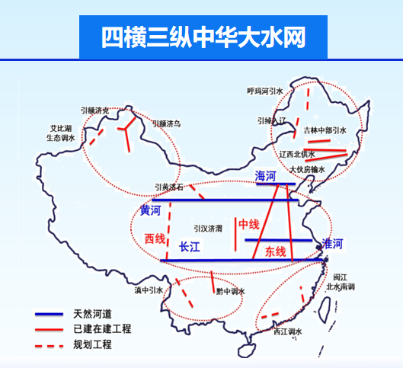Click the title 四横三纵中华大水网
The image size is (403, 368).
(203, 37)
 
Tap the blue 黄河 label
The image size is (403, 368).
(151, 210)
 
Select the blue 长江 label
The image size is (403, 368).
(189, 247)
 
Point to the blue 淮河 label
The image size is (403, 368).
(333, 244)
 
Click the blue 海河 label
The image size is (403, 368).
(267, 175)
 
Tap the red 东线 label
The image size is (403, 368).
(275, 251)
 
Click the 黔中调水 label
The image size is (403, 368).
(229, 291)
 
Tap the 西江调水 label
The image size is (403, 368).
(289, 331)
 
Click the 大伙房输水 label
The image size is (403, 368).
(307, 169)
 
